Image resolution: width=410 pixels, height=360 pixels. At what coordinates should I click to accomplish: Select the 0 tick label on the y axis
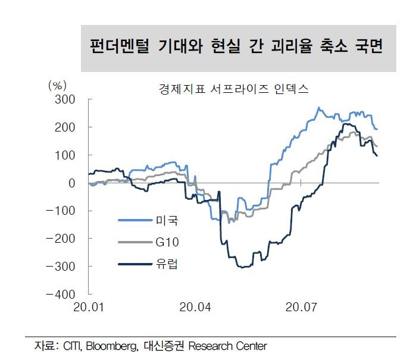pos(71,183)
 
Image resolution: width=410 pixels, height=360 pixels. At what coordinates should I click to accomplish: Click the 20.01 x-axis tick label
pos(89,308)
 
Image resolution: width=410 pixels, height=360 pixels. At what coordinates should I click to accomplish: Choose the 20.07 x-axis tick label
pos(301,308)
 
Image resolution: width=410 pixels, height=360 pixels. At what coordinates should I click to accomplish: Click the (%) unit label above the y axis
pos(56,84)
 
